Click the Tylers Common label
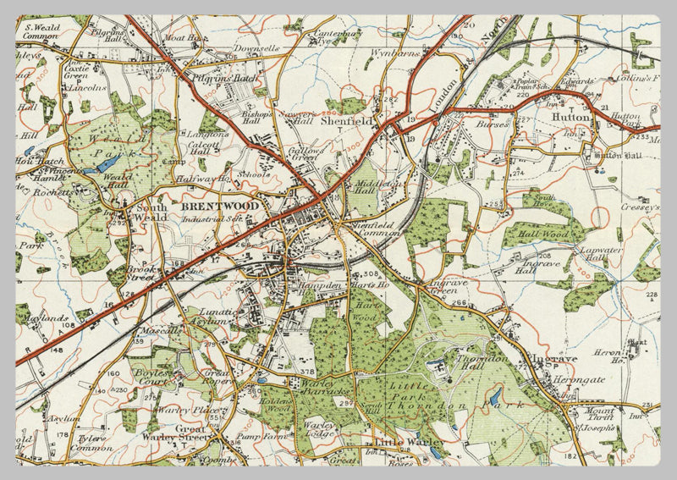coord(94,444)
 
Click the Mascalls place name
coord(155,330)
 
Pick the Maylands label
coord(52,318)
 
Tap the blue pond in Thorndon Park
coord(495,395)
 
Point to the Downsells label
coord(256,49)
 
